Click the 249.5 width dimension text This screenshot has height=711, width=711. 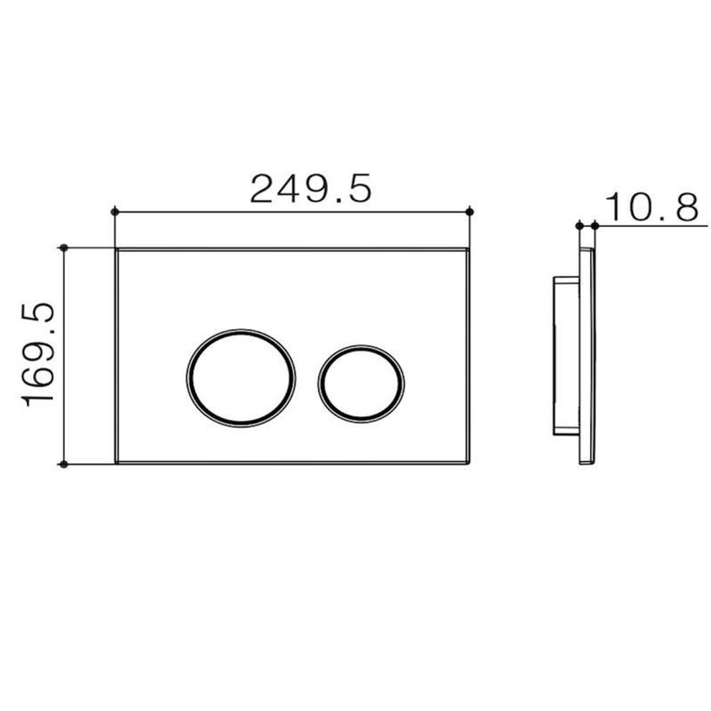pyautogui.click(x=311, y=189)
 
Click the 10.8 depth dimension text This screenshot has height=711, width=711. pyautogui.click(x=651, y=207)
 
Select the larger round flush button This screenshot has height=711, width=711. pyautogui.click(x=241, y=377)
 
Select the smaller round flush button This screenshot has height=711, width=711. pyautogui.click(x=361, y=382)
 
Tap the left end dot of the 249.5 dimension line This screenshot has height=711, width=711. pyautogui.click(x=115, y=211)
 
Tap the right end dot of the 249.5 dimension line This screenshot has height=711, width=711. pyautogui.click(x=469, y=211)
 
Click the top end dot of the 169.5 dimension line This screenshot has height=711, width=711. pyautogui.click(x=63, y=248)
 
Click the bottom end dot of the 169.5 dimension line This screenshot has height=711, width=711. pyautogui.click(x=63, y=464)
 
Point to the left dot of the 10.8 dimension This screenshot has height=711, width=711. pyautogui.click(x=579, y=226)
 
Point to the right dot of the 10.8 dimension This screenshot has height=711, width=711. pyautogui.click(x=595, y=226)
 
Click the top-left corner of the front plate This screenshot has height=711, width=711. pyautogui.click(x=117, y=250)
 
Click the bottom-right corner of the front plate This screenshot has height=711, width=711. pyautogui.click(x=469, y=463)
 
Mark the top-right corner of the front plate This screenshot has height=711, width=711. pyautogui.click(x=469, y=250)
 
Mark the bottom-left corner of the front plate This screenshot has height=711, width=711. pyautogui.click(x=117, y=463)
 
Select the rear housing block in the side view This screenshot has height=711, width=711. pyautogui.click(x=564, y=355)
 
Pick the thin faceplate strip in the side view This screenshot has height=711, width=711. pyautogui.click(x=587, y=355)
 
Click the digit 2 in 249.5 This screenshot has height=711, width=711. pyautogui.click(x=263, y=189)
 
